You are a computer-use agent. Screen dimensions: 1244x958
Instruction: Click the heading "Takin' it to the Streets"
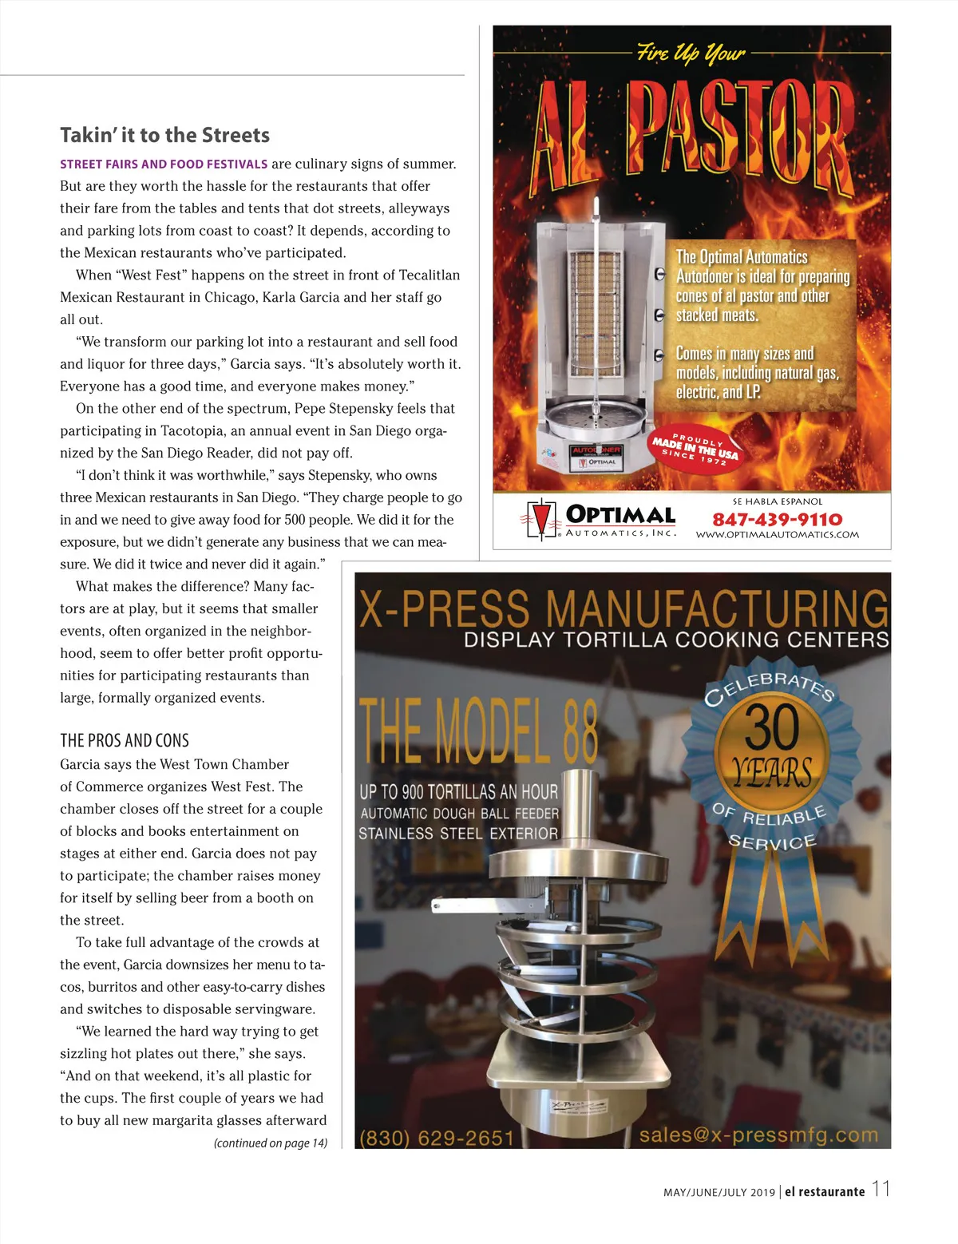click(x=164, y=135)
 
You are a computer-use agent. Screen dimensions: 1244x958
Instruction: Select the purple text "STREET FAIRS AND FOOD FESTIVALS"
click(x=164, y=164)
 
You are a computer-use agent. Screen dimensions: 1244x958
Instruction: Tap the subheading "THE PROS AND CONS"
click(x=125, y=740)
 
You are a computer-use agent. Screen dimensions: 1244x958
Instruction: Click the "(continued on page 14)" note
click(x=271, y=1143)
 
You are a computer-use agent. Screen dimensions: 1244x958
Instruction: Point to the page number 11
click(x=881, y=1189)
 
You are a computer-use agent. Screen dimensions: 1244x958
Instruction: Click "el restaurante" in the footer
click(x=825, y=1192)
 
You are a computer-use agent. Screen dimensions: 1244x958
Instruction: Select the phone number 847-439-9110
click(x=777, y=520)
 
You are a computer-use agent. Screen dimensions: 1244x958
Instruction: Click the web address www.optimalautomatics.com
click(x=777, y=535)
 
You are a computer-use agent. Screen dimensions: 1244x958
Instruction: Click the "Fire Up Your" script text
click(x=691, y=53)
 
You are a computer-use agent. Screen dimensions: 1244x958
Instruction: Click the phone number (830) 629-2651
click(x=437, y=1137)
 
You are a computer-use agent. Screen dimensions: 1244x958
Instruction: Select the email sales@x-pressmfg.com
click(x=758, y=1135)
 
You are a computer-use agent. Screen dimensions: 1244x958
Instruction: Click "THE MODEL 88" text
click(x=478, y=731)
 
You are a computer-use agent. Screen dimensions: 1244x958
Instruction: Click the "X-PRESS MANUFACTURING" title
click(x=623, y=609)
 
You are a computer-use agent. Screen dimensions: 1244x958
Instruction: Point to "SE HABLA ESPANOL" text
click(x=777, y=501)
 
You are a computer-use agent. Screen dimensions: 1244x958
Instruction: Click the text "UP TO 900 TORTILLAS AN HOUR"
click(x=458, y=792)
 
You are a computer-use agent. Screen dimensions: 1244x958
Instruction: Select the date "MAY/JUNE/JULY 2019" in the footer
click(x=718, y=1193)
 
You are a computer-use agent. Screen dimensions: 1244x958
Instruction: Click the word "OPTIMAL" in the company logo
click(x=620, y=515)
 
